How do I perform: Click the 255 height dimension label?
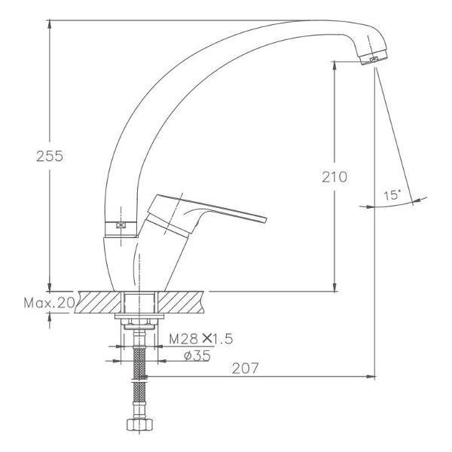tap(50, 156)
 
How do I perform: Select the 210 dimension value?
tap(334, 177)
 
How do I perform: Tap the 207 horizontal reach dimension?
tap(245, 368)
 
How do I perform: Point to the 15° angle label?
tap(392, 195)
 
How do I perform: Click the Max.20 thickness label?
tap(49, 303)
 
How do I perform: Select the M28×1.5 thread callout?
tap(200, 339)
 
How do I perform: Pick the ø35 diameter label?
tap(197, 356)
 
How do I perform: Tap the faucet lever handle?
tap(206, 212)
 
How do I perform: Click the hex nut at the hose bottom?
tap(139, 424)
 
